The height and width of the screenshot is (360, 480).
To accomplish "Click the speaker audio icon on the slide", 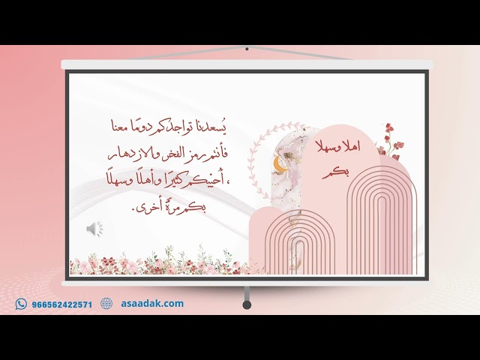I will coord(94,229).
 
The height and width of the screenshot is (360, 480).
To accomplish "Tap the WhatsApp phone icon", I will coord(21,304).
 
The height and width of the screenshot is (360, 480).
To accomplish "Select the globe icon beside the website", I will coord(106,304).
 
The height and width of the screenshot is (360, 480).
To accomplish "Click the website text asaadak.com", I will coord(152,304).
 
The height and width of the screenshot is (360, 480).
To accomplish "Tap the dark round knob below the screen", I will coord(247,304).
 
